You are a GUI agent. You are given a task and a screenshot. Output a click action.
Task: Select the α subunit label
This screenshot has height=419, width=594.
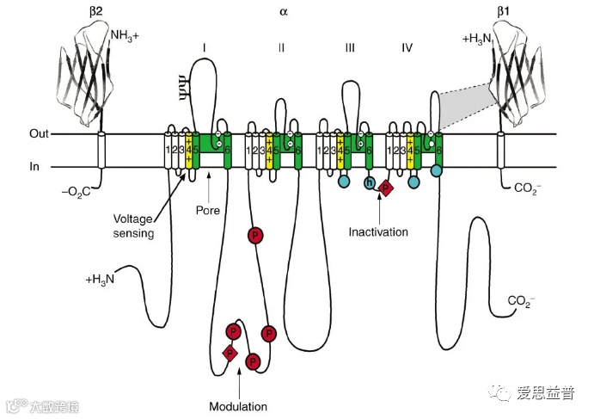tap(284, 12)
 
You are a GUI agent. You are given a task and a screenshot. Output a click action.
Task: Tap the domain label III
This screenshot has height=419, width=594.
tap(349, 46)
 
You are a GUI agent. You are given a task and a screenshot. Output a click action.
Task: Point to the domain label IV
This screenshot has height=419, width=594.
tap(407, 46)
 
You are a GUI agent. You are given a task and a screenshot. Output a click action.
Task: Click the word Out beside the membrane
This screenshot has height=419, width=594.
tap(38, 134)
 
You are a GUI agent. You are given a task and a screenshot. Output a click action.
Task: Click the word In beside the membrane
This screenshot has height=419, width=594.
tap(34, 168)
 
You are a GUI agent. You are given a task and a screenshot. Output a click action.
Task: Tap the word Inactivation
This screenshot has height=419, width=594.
tap(378, 231)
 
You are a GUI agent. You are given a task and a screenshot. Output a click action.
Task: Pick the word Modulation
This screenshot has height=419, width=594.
tap(237, 406)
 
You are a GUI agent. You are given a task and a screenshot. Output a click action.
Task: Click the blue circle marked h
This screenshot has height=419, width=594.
tap(370, 182)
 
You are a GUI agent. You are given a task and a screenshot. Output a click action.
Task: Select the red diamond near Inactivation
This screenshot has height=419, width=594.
tap(386, 188)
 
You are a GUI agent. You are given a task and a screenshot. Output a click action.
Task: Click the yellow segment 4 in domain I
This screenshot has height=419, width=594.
tap(187, 151)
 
